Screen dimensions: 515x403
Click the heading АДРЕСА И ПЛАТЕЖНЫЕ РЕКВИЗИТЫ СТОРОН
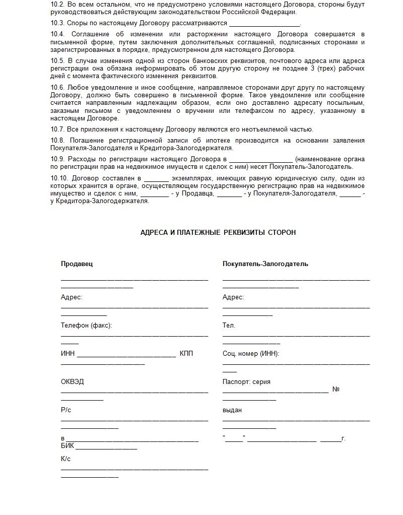(x=218, y=232)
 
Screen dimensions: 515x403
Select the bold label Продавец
(x=77, y=264)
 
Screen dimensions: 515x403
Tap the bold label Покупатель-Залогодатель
(x=265, y=264)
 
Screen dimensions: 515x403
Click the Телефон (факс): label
(x=86, y=326)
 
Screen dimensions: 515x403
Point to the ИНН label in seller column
(x=68, y=354)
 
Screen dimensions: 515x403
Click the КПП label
(x=186, y=354)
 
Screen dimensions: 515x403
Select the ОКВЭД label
(x=73, y=381)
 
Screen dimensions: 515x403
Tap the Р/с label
(x=66, y=410)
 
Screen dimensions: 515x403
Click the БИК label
(x=68, y=446)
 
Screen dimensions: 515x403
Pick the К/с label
(x=66, y=459)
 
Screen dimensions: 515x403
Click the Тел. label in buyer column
(x=229, y=326)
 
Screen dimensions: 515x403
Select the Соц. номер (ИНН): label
(x=251, y=354)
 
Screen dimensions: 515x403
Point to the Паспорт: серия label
(x=246, y=381)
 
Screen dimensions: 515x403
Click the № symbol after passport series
(x=336, y=390)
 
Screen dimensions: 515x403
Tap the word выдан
(x=232, y=410)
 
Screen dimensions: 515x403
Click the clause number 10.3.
(x=57, y=23)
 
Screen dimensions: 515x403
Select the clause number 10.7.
(x=57, y=129)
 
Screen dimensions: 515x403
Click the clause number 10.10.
(x=59, y=178)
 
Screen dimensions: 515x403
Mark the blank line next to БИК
(x=106, y=447)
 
